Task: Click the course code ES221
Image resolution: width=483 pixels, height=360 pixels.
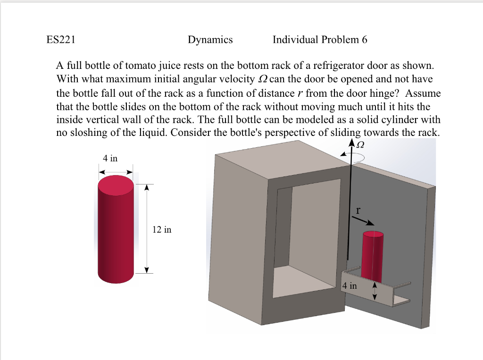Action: [x=61, y=40]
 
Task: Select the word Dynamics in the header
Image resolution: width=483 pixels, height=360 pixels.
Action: [x=210, y=40]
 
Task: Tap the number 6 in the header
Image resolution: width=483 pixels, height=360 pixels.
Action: [x=364, y=40]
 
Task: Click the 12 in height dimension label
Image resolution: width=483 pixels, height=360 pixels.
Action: [x=162, y=230]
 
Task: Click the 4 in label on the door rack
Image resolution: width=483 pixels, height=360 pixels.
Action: [x=350, y=286]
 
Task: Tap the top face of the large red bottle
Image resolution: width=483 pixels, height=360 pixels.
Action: [x=116, y=185]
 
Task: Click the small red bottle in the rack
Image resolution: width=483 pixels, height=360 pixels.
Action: [x=372, y=255]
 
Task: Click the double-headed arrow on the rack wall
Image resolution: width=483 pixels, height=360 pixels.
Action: [x=375, y=291]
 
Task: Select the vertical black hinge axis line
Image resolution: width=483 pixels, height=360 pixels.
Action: [x=350, y=212]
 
